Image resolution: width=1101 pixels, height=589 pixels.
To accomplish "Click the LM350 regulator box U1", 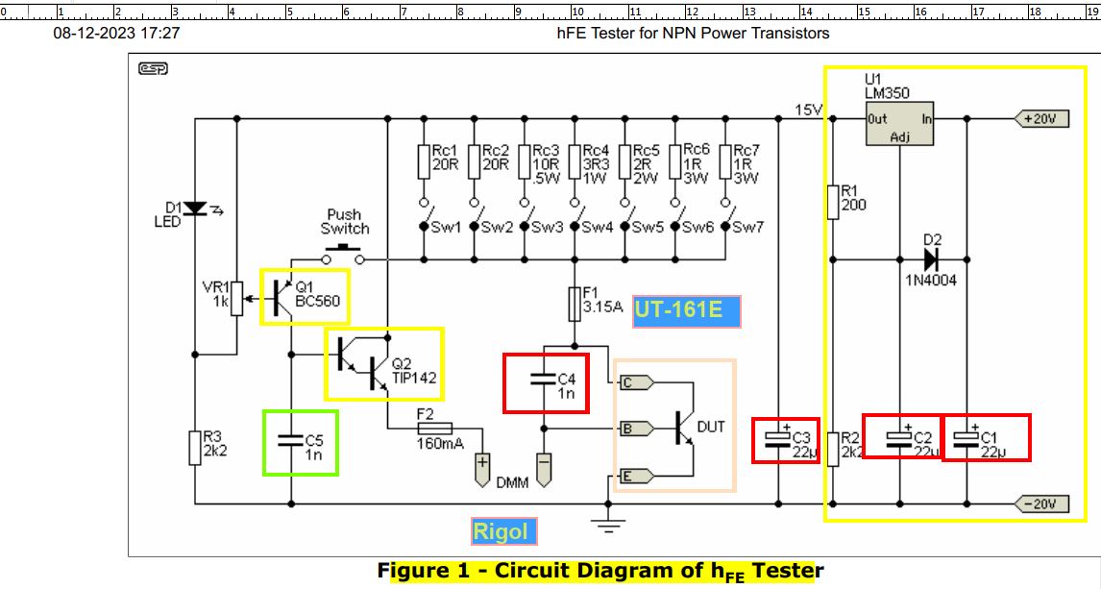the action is (899, 124).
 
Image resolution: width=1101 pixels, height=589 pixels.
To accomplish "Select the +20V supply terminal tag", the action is (1041, 118).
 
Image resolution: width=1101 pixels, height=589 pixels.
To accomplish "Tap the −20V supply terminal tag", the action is (1041, 503).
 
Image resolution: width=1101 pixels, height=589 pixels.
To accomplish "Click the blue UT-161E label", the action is (686, 311).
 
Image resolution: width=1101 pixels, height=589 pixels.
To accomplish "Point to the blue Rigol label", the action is (503, 531).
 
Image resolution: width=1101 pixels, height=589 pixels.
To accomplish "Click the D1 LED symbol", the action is (194, 209).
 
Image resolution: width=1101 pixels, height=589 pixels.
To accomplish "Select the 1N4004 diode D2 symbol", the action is (931, 259).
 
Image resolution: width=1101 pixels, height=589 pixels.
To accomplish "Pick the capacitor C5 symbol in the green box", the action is (291, 440).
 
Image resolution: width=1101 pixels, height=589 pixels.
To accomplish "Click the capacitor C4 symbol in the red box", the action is (544, 380).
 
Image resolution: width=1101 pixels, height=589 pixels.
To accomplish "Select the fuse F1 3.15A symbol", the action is (575, 304).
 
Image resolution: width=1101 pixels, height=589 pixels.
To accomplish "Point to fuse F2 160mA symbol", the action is (434, 428).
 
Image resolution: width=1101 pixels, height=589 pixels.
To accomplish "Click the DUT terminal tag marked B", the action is (636, 429).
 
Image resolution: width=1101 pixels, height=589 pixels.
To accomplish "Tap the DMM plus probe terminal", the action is (482, 470).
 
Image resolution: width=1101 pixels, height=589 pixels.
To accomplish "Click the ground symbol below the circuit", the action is (608, 523).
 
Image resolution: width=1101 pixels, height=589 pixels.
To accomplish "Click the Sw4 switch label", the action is (597, 227).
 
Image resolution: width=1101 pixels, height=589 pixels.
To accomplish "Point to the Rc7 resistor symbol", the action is (725, 162).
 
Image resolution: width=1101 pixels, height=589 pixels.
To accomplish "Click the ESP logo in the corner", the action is (153, 68).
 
